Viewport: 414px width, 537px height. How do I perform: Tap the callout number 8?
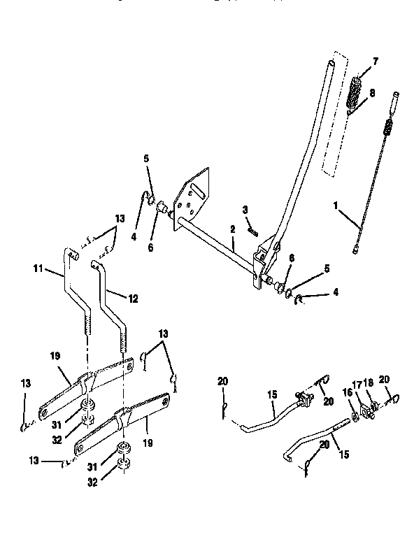[371, 92]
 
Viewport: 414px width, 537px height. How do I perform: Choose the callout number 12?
[133, 298]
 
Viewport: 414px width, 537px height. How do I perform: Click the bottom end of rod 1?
[357, 248]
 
